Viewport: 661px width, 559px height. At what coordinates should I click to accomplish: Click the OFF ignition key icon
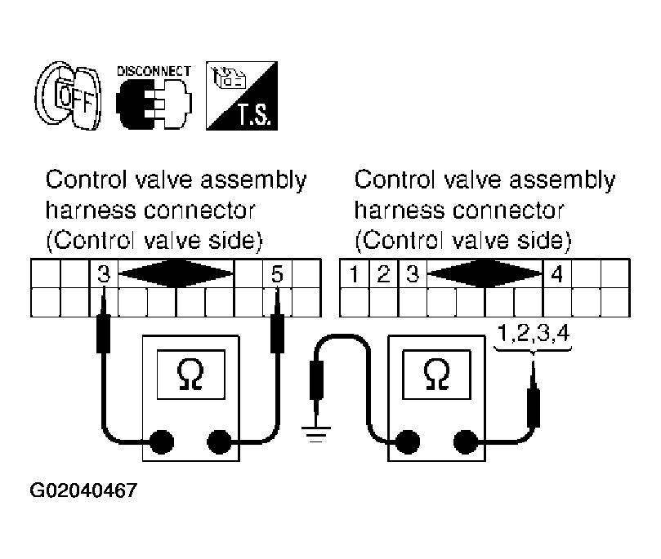click(x=68, y=95)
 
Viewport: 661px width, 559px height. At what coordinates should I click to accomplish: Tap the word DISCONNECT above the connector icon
click(x=154, y=71)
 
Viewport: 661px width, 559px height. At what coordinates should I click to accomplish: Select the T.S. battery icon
click(x=242, y=95)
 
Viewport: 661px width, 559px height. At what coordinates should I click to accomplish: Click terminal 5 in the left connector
click(x=277, y=274)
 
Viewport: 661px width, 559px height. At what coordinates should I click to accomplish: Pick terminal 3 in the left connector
click(x=104, y=274)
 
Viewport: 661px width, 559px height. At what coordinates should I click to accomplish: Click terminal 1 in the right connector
click(x=354, y=274)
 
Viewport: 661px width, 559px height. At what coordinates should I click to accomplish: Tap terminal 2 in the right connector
click(x=383, y=274)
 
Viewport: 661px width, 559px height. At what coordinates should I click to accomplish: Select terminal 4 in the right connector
click(x=557, y=274)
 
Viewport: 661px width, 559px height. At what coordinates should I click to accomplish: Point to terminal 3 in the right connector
click(x=413, y=274)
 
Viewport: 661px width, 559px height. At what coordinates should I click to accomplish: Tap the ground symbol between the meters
click(x=316, y=434)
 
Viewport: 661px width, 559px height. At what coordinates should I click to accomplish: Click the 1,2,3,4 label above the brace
click(x=534, y=333)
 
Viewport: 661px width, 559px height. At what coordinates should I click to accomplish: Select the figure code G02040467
click(x=83, y=490)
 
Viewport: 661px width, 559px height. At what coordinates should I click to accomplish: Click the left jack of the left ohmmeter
click(x=162, y=442)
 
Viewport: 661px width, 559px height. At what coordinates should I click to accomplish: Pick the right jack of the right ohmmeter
click(x=466, y=442)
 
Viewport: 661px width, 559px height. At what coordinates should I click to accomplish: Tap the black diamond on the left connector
click(x=176, y=273)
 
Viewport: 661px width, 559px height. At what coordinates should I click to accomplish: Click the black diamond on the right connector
click(x=485, y=273)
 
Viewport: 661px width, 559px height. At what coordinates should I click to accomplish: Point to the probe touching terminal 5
click(x=277, y=320)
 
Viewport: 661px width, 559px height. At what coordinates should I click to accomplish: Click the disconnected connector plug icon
click(x=154, y=104)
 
